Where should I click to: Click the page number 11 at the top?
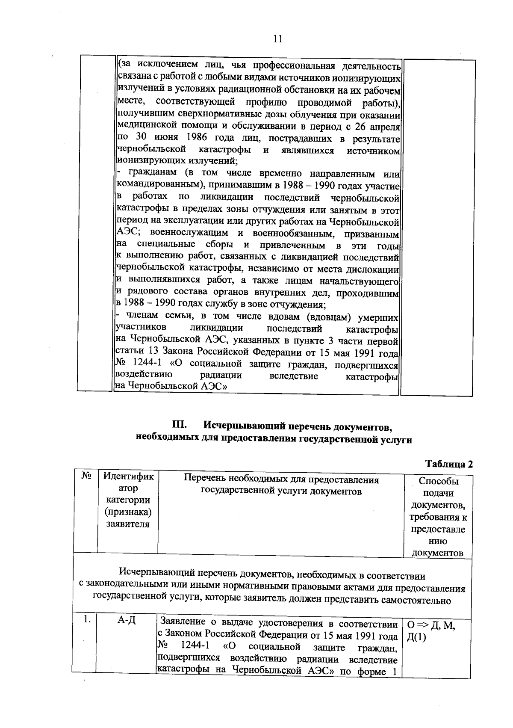tap(277, 39)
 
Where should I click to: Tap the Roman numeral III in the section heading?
tap(180, 426)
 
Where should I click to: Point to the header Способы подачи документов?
tap(437, 517)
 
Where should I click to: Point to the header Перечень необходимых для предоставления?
tap(281, 479)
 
